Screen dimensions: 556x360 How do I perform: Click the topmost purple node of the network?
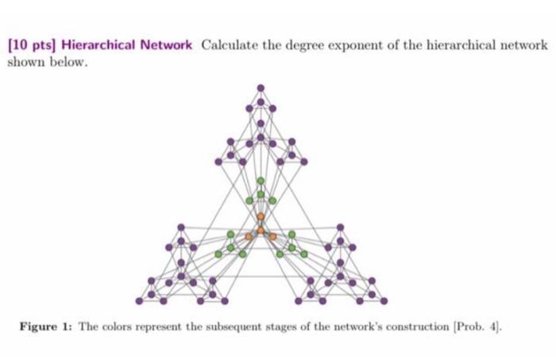point(261,87)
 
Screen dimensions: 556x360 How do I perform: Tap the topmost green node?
point(261,180)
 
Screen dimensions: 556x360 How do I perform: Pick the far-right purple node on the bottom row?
point(384,300)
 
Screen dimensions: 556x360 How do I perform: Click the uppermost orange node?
point(261,215)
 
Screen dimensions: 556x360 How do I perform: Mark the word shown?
point(25,60)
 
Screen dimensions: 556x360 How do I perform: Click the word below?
point(66,60)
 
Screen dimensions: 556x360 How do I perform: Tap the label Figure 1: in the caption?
point(48,327)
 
